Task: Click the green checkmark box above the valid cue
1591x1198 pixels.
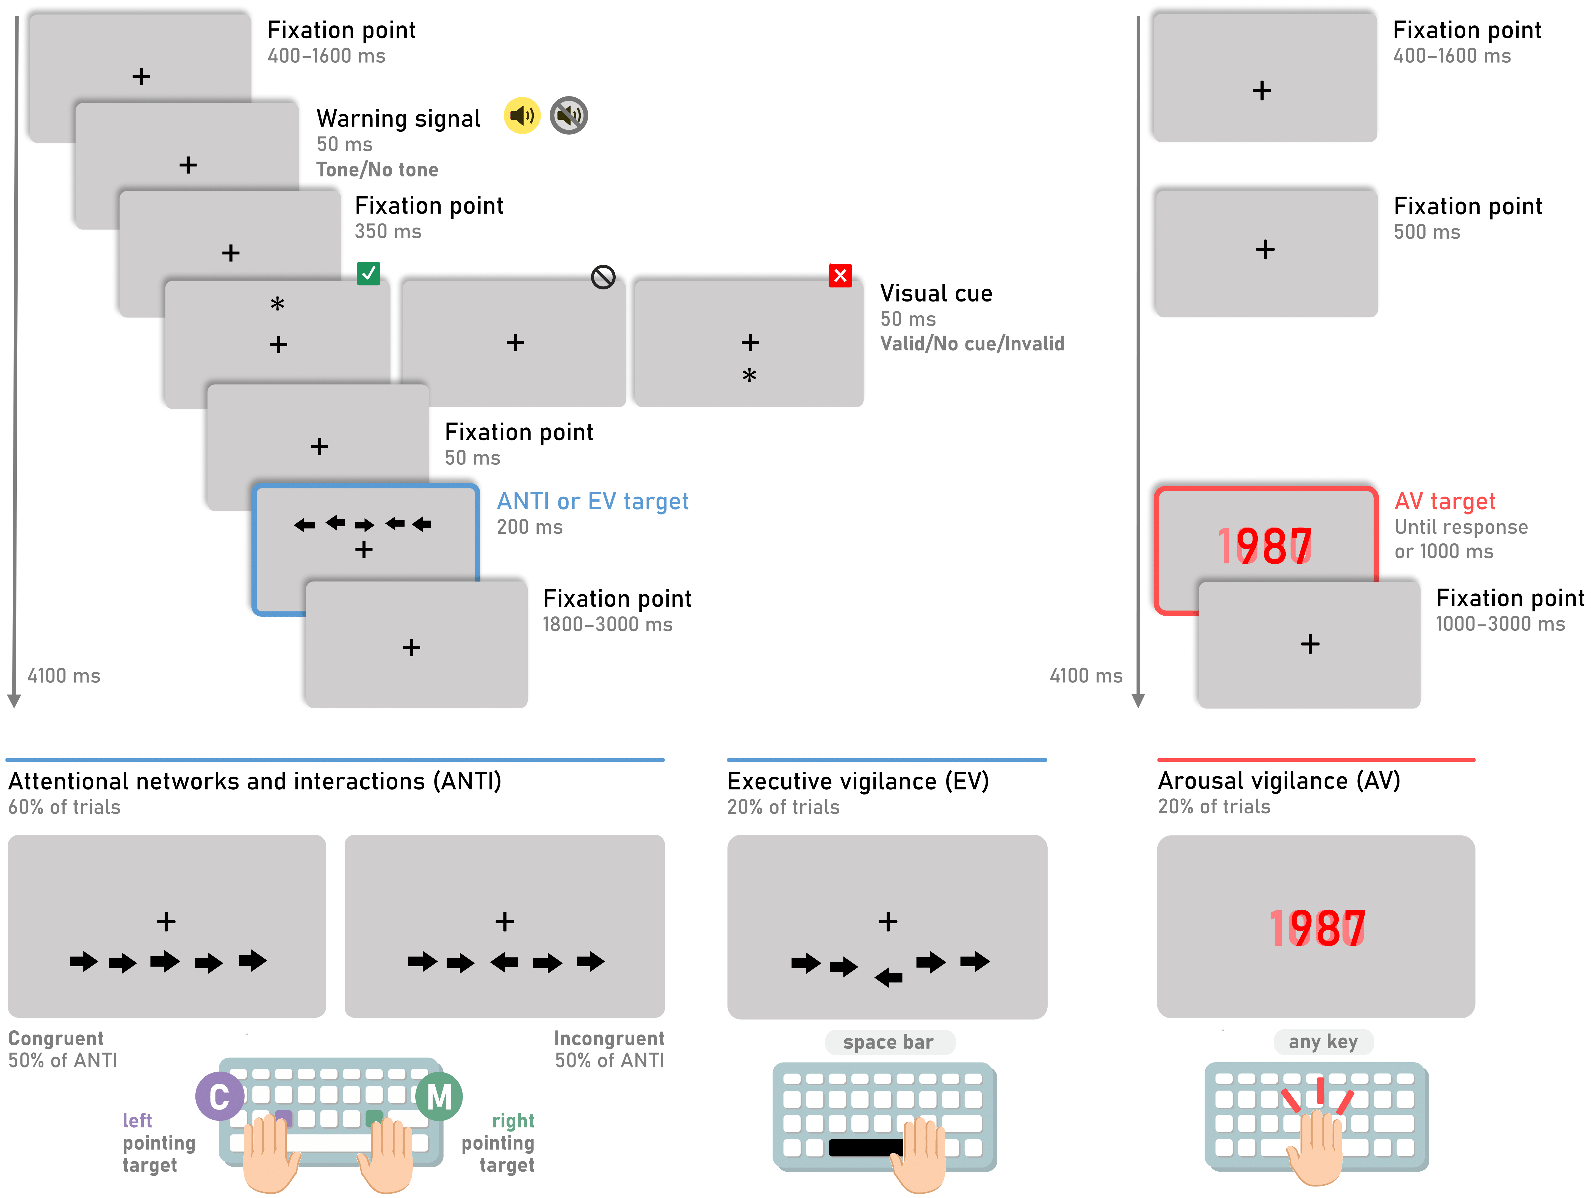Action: tap(368, 273)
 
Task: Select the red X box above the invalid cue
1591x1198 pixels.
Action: tap(840, 275)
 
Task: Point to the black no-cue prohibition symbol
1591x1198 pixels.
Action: tap(603, 277)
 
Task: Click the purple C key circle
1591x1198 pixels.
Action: tap(219, 1096)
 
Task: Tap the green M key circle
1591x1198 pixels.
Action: tap(439, 1096)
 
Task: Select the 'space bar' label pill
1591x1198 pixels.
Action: tap(889, 1042)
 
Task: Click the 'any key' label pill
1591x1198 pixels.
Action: tap(1323, 1041)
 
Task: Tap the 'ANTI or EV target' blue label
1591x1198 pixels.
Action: tap(593, 501)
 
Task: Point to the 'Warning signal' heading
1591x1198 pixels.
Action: tap(399, 119)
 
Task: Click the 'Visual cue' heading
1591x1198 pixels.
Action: tap(936, 294)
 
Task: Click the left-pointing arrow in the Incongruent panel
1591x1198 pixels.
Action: tap(504, 961)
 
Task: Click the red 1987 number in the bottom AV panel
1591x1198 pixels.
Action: tap(1317, 928)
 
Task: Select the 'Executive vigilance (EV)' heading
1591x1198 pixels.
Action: tap(858, 781)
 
